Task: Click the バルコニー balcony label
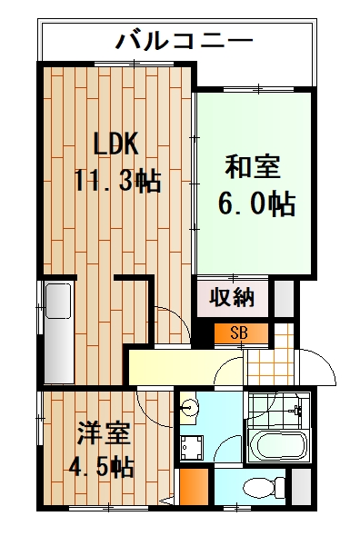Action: [x=185, y=41]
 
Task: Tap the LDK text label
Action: [x=115, y=144]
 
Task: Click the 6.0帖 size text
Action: [x=255, y=204]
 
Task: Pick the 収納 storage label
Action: [x=232, y=297]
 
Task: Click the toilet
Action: [x=260, y=488]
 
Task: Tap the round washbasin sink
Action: [x=188, y=410]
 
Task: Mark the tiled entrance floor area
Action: [x=270, y=361]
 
